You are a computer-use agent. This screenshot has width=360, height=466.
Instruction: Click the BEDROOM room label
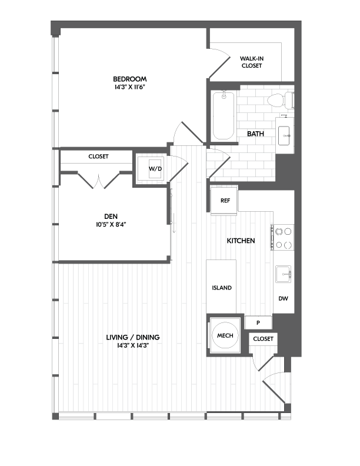[x=130, y=79]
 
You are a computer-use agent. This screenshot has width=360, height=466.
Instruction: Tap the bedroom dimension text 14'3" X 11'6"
[x=130, y=87]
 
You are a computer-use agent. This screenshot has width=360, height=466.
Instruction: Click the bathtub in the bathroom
[x=223, y=115]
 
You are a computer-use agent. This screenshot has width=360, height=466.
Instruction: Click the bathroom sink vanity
[x=285, y=136]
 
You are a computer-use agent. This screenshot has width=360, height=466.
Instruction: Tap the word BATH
[x=255, y=134]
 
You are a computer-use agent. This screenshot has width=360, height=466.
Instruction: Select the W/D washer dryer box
[x=155, y=169]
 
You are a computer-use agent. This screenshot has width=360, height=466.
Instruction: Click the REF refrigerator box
[x=225, y=200]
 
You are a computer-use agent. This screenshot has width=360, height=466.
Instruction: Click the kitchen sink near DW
[x=285, y=274]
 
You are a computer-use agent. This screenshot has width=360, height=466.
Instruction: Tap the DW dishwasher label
[x=283, y=299]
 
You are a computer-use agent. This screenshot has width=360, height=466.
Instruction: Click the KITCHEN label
[x=241, y=241]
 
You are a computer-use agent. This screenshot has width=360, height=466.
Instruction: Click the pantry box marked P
[x=259, y=322]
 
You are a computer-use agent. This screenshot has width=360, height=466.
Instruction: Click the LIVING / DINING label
[x=133, y=337]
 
